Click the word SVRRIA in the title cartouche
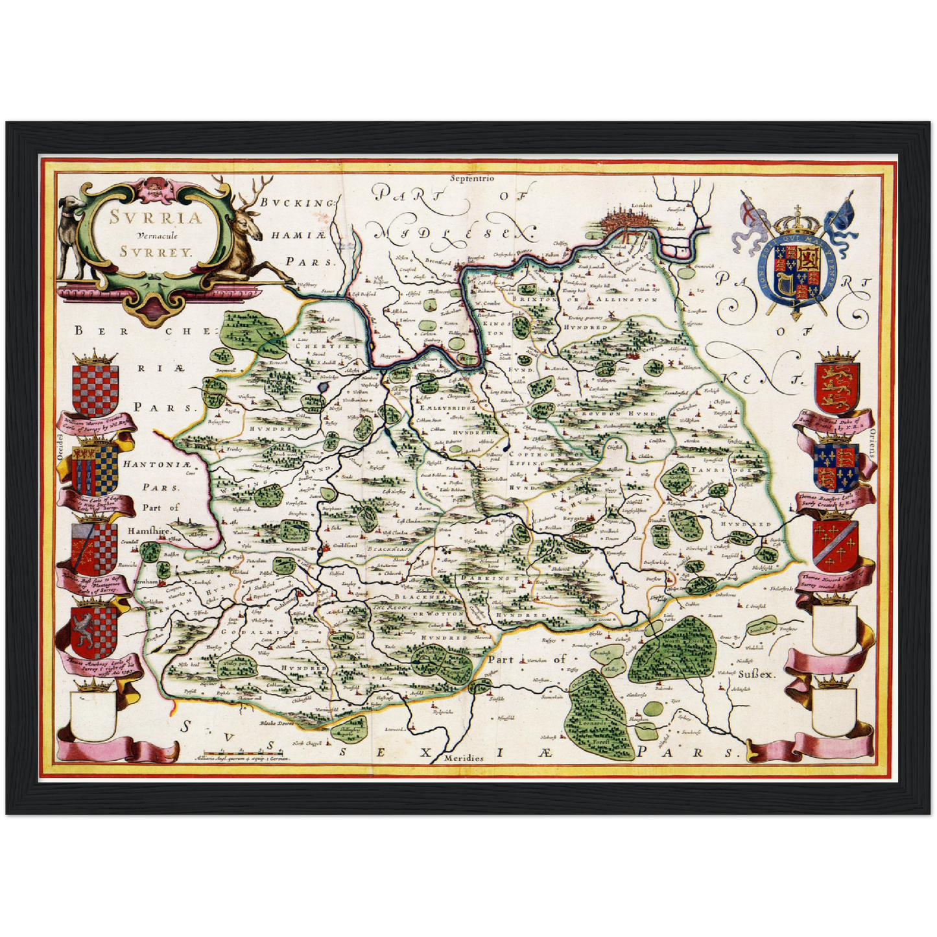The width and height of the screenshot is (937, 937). tap(156, 218)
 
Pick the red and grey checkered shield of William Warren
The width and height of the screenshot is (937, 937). tap(95, 390)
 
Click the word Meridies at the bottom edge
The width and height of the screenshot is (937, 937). tap(464, 758)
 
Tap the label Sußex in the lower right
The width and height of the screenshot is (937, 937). tap(757, 674)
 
